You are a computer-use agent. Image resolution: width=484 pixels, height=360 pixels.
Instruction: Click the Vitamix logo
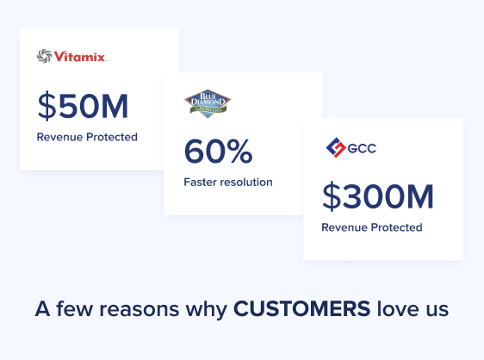71,57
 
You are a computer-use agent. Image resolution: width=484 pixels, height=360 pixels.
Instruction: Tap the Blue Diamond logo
208,102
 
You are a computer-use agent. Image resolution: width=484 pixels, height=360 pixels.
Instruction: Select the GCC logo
351,149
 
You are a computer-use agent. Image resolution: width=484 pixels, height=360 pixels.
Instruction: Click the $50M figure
83,106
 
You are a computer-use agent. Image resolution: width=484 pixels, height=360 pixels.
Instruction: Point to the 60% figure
218,152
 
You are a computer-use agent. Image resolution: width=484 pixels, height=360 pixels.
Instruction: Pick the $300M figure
378,197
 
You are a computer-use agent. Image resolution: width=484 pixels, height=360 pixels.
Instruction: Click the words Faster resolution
228,182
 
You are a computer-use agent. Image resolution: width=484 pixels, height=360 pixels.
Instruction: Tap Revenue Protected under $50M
87,137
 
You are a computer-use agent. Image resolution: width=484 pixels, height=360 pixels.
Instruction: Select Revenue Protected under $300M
372,227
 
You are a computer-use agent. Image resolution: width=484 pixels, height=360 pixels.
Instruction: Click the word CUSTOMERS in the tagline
301,309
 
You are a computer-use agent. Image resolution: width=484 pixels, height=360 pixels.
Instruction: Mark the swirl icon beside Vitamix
44,57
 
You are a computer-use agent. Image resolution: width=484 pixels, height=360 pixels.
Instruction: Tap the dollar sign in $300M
332,197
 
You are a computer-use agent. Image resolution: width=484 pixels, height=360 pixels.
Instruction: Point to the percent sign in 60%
239,152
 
